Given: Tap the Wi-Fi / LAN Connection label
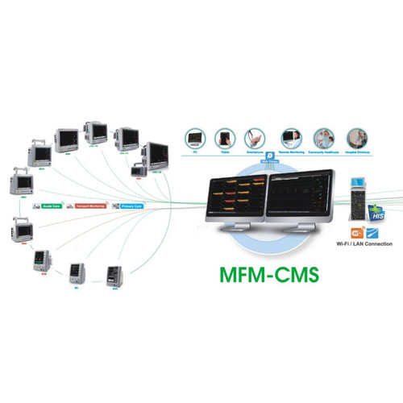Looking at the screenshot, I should point(364,243).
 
